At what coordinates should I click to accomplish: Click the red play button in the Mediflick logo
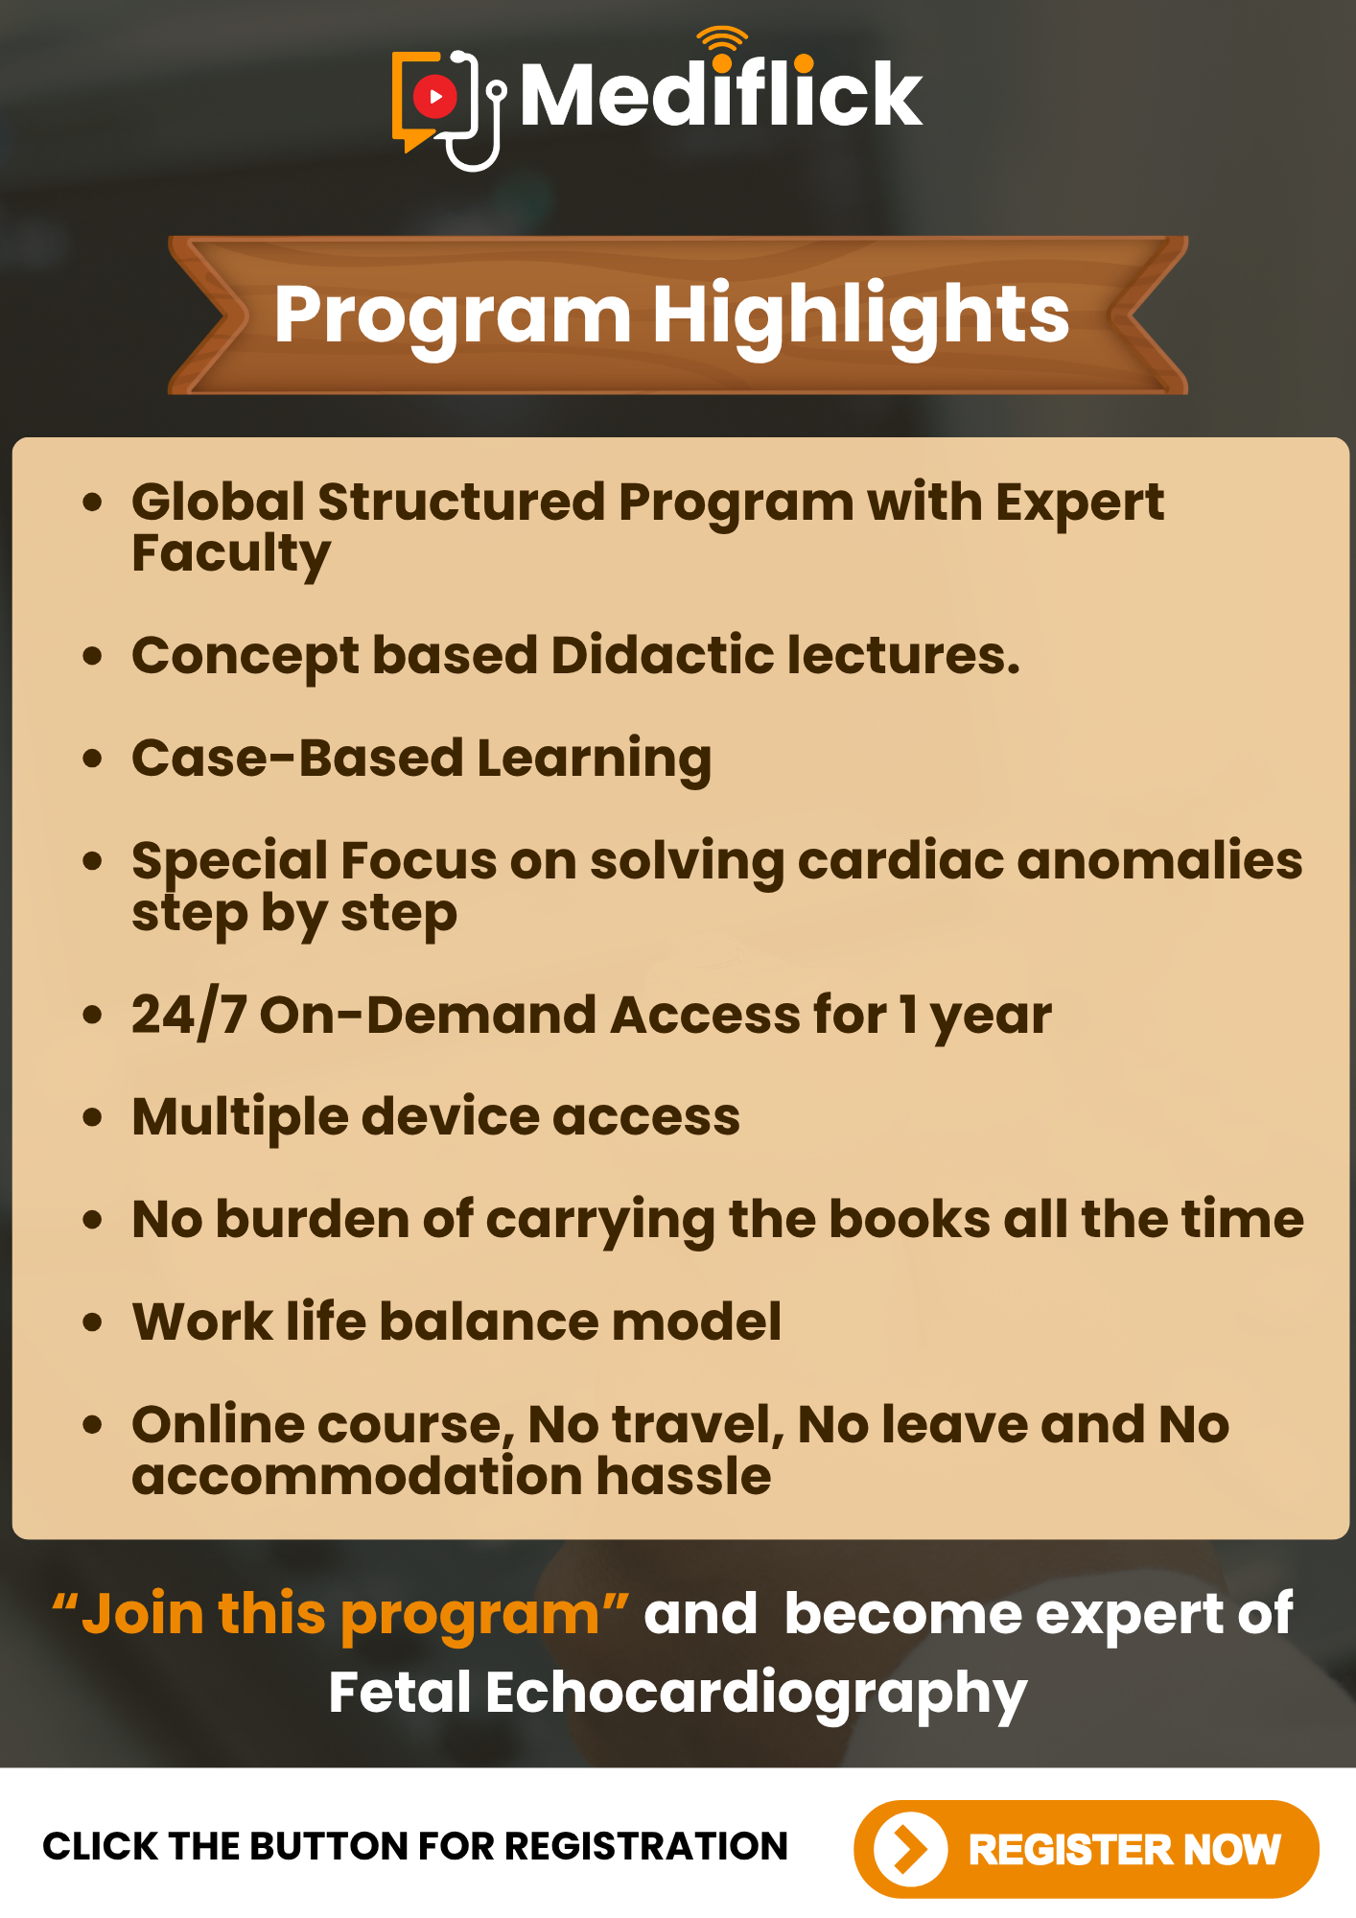(x=435, y=96)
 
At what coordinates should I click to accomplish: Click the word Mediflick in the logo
(x=721, y=93)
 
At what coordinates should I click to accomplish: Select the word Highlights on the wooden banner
(x=861, y=316)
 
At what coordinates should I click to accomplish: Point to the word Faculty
(x=231, y=556)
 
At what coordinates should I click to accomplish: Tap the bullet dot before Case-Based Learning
(x=92, y=760)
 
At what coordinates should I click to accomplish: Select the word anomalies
(x=1159, y=860)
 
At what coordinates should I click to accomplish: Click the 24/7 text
(x=189, y=1014)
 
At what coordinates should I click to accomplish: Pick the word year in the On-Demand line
(x=991, y=1018)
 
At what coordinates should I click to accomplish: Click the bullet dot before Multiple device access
(x=92, y=1118)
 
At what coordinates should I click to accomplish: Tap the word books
(x=909, y=1219)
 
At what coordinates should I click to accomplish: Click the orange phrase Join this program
(x=340, y=1614)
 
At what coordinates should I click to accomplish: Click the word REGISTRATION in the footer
(x=646, y=1846)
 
